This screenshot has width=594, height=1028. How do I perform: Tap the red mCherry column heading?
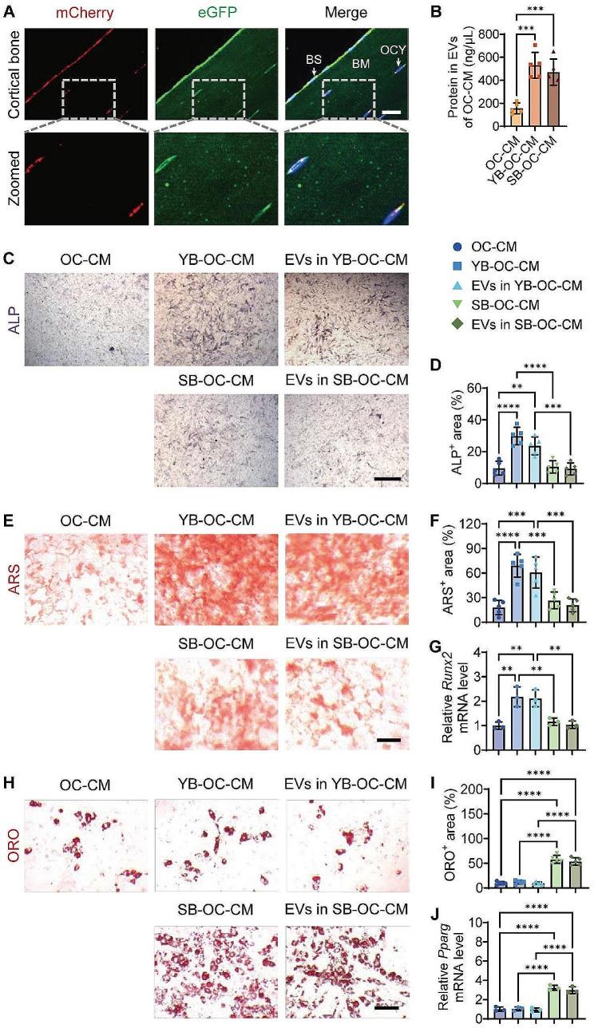(79, 12)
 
